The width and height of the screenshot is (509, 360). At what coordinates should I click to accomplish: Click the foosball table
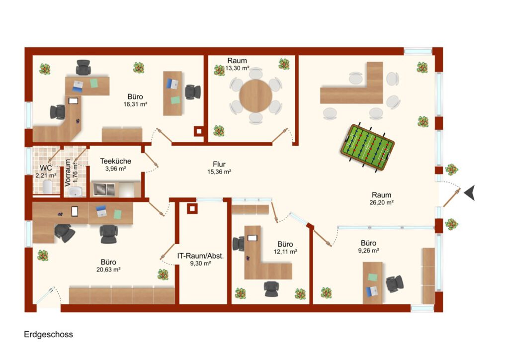(367, 147)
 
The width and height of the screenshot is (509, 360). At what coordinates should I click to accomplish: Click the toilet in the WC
(47, 187)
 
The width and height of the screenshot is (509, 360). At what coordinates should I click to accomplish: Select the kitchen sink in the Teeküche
(104, 189)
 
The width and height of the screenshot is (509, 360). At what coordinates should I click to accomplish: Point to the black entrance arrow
(470, 193)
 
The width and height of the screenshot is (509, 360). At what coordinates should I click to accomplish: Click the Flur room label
(219, 164)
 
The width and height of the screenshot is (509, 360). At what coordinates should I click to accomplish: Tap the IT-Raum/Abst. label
(200, 256)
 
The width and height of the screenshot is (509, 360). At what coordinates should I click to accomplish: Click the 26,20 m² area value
(381, 202)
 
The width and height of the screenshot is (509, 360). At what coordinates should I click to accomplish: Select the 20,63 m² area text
(108, 270)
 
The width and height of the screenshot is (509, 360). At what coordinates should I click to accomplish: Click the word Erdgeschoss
(48, 334)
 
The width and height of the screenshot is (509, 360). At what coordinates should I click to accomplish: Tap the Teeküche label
(115, 161)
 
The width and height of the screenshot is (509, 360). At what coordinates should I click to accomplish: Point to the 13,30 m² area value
(237, 68)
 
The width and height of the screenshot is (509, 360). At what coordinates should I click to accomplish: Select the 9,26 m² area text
(368, 251)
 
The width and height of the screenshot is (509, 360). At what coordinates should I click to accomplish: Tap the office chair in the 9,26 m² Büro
(395, 284)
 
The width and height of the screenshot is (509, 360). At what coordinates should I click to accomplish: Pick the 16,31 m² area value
(135, 104)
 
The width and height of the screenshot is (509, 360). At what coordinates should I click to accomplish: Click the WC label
(46, 168)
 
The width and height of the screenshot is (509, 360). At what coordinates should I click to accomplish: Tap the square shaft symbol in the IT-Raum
(192, 208)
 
